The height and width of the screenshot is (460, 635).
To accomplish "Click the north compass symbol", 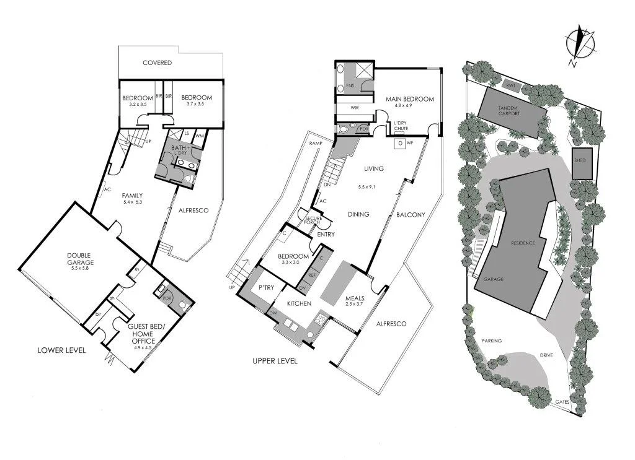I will coord(580,44).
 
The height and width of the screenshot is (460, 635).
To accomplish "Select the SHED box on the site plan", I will coord(580,160).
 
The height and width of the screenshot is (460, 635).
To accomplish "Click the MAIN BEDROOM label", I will coord(409,98).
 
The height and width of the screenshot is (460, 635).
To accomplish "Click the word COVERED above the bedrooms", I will coord(157,63).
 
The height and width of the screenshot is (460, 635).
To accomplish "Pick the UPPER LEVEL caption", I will coord(275,361).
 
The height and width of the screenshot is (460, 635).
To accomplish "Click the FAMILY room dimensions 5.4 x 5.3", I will coord(133,202).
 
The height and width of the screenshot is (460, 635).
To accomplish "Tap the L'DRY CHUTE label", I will coord(400,126).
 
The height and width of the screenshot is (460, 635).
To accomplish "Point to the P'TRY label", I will coord(267,287).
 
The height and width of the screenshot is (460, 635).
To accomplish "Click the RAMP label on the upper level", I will coord(314,144).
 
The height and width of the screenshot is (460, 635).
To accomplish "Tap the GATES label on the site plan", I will coord(562,402).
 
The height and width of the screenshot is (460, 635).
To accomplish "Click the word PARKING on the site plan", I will coord(491,341).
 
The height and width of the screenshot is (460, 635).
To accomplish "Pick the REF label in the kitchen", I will coord(312,274).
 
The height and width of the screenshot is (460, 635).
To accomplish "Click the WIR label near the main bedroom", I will coord(355,108).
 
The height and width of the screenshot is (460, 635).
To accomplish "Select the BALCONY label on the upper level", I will coord(411,215).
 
